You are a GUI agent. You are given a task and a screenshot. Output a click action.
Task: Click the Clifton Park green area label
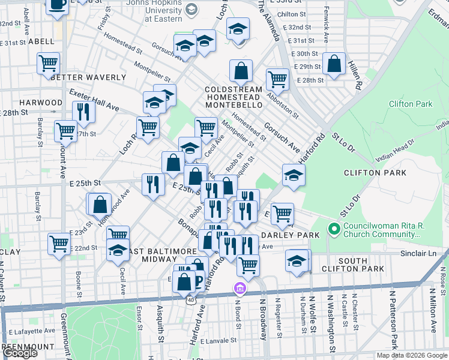(x=410, y=104)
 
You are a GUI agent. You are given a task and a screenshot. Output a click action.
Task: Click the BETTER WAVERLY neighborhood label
(x=82, y=77)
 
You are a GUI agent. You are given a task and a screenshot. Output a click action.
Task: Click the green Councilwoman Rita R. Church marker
(x=335, y=229)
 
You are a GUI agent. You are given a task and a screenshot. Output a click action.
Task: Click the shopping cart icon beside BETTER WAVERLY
(x=48, y=63)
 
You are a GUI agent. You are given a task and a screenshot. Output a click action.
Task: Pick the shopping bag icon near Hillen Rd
(x=334, y=63)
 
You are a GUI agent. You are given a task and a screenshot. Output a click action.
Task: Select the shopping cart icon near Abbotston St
(x=277, y=79)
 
